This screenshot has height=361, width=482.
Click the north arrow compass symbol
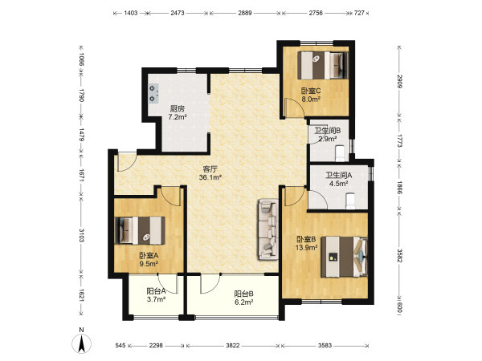click(81, 343)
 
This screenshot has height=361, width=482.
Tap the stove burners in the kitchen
click(153, 94)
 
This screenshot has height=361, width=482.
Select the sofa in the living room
click(268, 229)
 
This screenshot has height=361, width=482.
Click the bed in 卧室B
click(345, 257)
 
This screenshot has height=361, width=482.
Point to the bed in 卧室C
click(323, 66)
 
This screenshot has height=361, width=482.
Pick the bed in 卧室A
click(140, 230)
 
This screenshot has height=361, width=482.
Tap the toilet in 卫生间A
click(350, 201)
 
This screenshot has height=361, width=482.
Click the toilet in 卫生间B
click(340, 153)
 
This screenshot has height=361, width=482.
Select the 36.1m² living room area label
click(210, 177)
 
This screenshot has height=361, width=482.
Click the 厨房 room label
click(178, 108)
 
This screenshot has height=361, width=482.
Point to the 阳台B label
click(243, 294)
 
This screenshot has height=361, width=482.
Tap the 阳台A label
click(156, 290)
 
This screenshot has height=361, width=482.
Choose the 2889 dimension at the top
click(245, 13)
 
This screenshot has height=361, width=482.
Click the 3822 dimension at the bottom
click(233, 345)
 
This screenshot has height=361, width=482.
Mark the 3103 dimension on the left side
click(81, 235)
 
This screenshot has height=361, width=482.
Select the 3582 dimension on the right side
click(399, 255)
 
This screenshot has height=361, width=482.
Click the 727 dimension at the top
click(359, 13)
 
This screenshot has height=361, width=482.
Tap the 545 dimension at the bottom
click(120, 345)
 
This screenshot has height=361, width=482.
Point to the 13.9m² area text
click(307, 247)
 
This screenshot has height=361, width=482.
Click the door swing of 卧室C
click(295, 108)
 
